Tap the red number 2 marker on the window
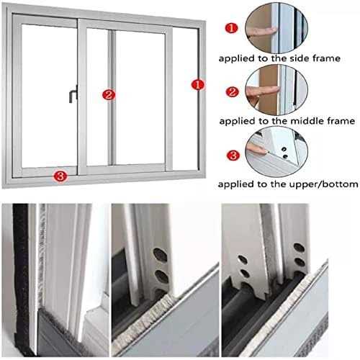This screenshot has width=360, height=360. click(x=108, y=94)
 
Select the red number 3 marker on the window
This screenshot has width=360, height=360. click(x=60, y=175)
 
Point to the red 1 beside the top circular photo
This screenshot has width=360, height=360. click(x=231, y=28)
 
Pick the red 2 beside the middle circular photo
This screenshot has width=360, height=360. click(x=231, y=91)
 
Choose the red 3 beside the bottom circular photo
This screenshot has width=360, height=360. click(x=231, y=154)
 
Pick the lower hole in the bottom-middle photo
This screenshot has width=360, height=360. click(x=161, y=275)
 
